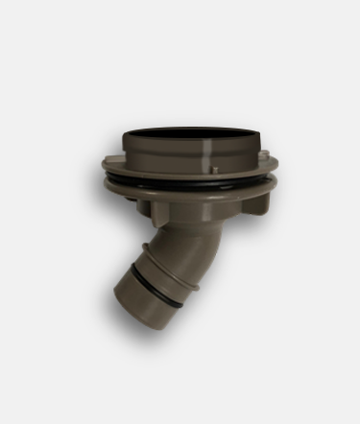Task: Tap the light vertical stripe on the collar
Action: pos(210,153)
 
